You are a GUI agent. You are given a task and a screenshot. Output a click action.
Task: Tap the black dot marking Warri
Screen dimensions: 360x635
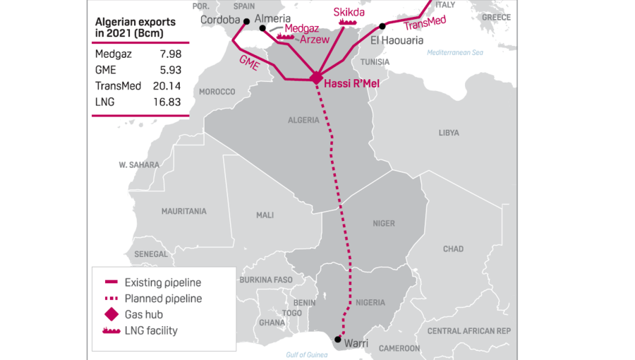point(338,340)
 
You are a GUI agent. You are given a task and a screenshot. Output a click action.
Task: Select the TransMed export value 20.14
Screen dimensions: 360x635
point(167,85)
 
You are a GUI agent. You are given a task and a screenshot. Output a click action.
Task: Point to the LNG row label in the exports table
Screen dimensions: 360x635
point(104,102)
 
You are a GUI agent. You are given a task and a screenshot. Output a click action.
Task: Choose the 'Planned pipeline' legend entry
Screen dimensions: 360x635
point(163,299)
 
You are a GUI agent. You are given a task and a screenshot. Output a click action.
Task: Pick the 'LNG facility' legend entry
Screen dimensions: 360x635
point(151,330)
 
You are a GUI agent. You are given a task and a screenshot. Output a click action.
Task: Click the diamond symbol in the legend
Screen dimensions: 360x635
point(111,314)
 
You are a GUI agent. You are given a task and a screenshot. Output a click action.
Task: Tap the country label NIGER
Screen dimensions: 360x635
point(384,224)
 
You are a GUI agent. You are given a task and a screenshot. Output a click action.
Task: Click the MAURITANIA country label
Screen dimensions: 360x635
point(183,211)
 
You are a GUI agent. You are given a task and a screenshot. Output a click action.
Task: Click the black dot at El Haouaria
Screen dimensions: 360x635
point(382,26)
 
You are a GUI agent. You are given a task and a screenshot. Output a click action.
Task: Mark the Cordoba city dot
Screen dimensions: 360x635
point(246,20)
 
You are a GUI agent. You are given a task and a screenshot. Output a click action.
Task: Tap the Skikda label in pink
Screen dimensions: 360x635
point(349,11)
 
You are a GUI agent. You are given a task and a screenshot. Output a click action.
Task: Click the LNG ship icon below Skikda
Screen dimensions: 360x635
point(349,22)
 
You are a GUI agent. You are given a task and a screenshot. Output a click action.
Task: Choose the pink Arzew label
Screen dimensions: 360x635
point(315,40)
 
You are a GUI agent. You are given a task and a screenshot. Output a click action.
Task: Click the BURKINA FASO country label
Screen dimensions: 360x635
point(265,280)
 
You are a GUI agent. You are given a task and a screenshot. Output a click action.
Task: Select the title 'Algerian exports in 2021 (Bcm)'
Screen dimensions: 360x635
point(135,27)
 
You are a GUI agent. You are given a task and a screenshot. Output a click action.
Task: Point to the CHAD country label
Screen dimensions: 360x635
point(453,248)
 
